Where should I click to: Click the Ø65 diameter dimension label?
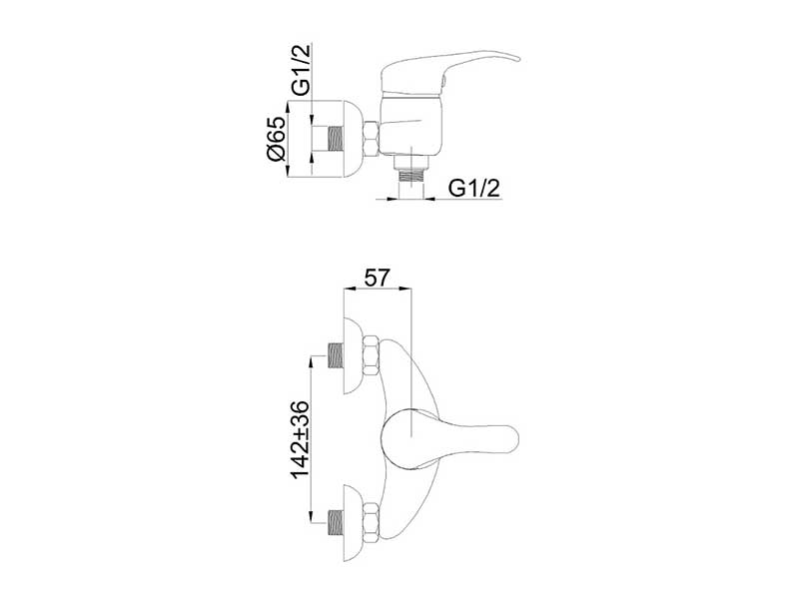[277, 139]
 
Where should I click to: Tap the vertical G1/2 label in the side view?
[301, 70]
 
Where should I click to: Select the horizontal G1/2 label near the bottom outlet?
[473, 188]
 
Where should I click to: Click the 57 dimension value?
[378, 278]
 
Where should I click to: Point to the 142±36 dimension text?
[301, 439]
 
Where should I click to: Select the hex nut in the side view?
[371, 138]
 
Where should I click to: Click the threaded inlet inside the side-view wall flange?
[335, 139]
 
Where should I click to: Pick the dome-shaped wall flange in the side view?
[352, 139]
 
